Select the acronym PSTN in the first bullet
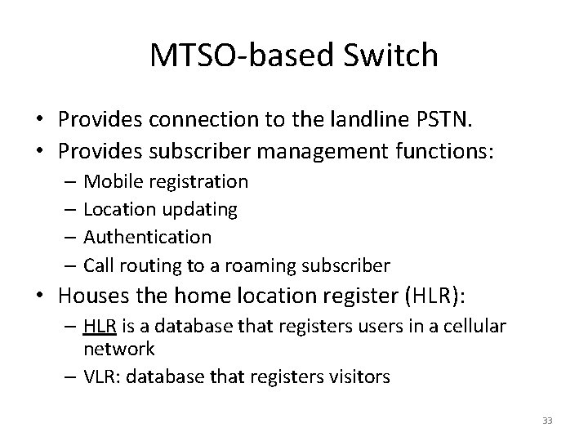[446, 120]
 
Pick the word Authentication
[148, 237]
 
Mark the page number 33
[547, 421]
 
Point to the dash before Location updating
[73, 210]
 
